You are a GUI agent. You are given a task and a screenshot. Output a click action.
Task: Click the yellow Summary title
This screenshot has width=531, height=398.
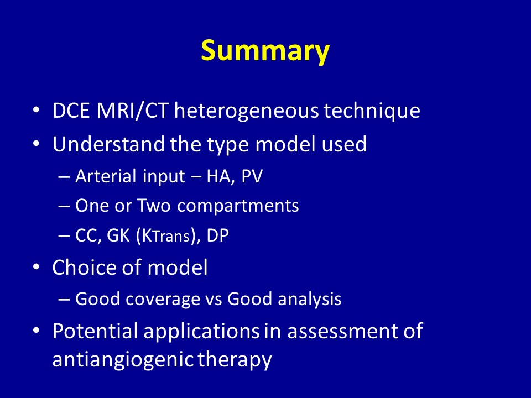pyautogui.click(x=265, y=51)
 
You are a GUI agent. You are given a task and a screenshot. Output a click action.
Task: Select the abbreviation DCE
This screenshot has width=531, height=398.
pyautogui.click(x=71, y=111)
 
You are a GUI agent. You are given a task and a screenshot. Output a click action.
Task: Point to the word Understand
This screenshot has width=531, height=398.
pyautogui.click(x=108, y=144)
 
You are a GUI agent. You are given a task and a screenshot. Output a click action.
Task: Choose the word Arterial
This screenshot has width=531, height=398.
pyautogui.click(x=106, y=176)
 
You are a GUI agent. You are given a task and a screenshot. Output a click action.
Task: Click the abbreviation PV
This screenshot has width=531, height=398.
pyautogui.click(x=252, y=176)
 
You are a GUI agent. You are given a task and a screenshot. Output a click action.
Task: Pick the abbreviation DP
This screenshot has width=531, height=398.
pyautogui.click(x=218, y=235)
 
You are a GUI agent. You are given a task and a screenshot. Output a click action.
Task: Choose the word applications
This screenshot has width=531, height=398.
pyautogui.click(x=201, y=332)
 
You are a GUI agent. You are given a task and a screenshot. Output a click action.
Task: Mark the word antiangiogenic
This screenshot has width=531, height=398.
pyautogui.click(x=123, y=359)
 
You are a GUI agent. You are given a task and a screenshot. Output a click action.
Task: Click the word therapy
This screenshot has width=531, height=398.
pyautogui.click(x=235, y=359)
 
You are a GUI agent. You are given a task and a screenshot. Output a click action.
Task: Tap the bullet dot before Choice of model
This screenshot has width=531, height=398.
pyautogui.click(x=37, y=267)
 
